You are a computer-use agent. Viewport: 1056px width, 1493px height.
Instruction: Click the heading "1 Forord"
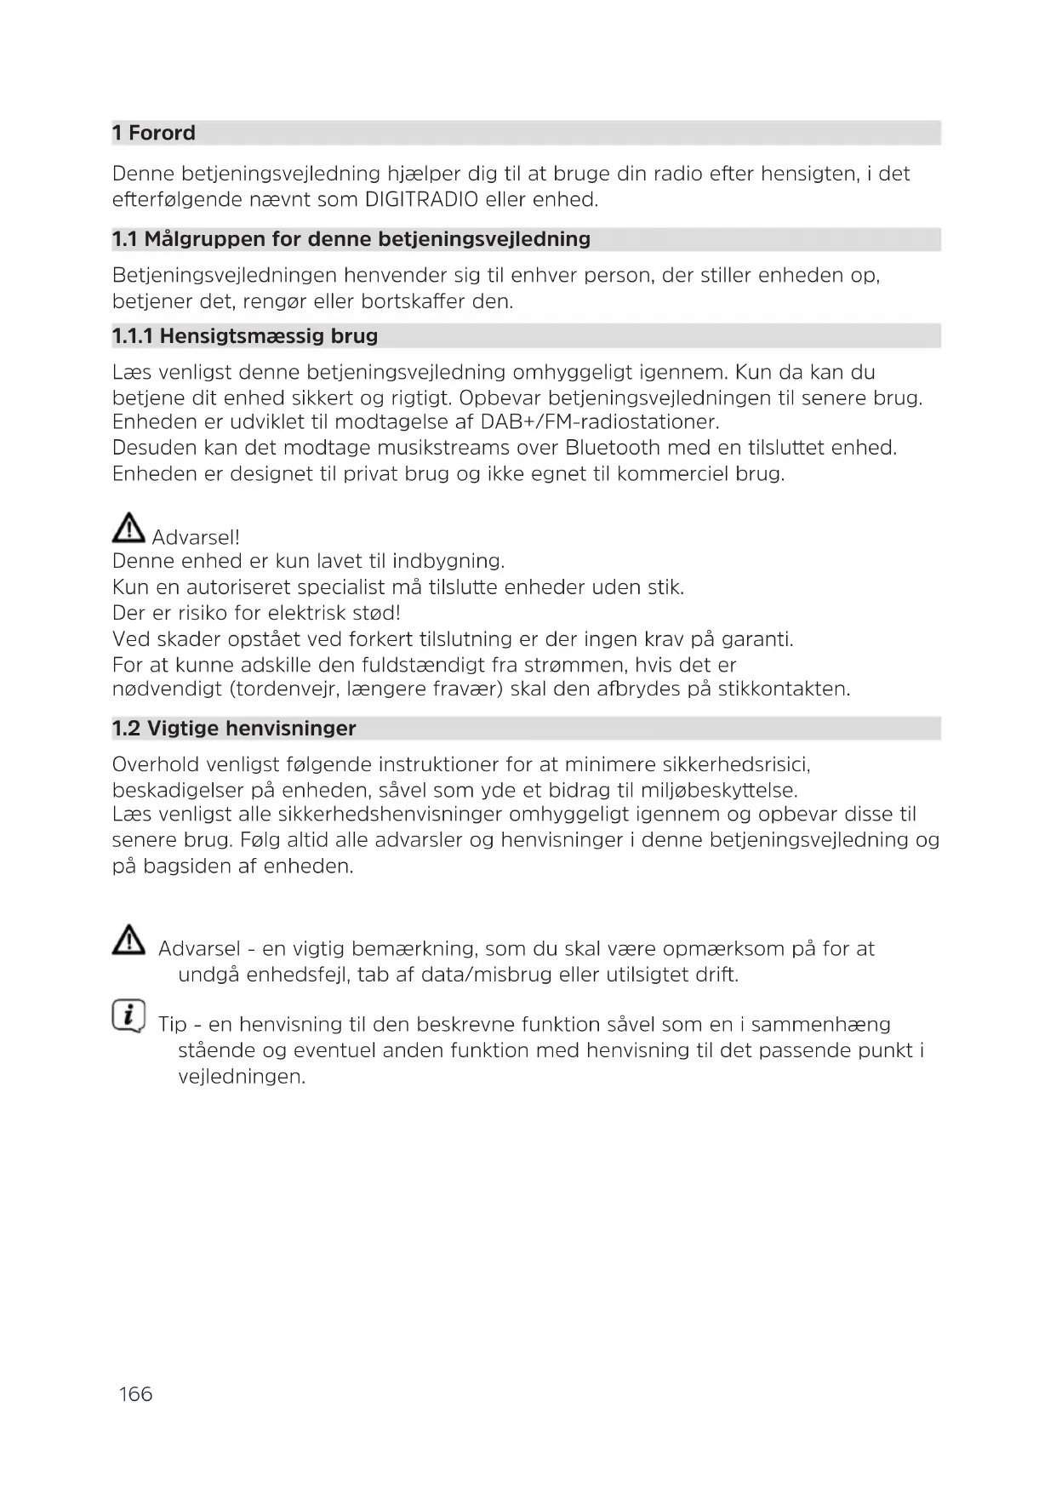pos(154,133)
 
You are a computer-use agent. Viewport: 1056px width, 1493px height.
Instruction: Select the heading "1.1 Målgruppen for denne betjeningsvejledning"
pos(351,239)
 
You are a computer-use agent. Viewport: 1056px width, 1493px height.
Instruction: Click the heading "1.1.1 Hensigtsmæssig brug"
pos(245,336)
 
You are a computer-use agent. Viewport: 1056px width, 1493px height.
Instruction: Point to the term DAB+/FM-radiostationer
pos(599,422)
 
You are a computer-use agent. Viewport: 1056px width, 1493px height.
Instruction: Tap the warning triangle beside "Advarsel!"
pos(128,529)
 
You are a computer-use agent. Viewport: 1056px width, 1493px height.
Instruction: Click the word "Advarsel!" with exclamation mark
pos(196,538)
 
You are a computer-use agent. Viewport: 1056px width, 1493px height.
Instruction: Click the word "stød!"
pos(373,614)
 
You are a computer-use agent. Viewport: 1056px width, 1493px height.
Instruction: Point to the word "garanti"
pos(756,639)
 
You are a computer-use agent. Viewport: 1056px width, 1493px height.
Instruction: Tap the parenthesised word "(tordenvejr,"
pos(285,689)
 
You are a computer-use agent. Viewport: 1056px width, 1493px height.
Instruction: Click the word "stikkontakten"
pos(783,689)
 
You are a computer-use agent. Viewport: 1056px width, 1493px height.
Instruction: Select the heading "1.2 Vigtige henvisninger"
pos(234,729)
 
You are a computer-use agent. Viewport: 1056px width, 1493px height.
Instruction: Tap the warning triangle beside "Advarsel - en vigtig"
pos(128,940)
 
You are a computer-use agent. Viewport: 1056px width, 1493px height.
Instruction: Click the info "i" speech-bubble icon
pos(128,1015)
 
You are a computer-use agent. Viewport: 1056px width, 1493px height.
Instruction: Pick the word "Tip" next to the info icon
pos(173,1025)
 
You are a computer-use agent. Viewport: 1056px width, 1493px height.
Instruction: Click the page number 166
pos(135,1394)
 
